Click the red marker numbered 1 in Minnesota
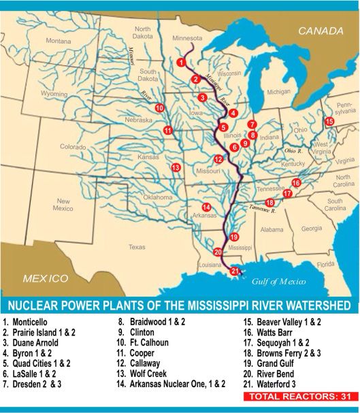(x=181, y=62)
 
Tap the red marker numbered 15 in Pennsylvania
(x=329, y=121)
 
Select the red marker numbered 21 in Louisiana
(x=235, y=271)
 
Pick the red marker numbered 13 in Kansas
(x=176, y=167)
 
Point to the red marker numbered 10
(x=159, y=108)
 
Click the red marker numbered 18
(x=270, y=202)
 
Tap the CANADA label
(x=319, y=30)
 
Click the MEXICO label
(x=46, y=278)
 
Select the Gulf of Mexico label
(x=278, y=280)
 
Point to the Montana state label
(x=59, y=41)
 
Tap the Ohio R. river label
(x=293, y=150)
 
